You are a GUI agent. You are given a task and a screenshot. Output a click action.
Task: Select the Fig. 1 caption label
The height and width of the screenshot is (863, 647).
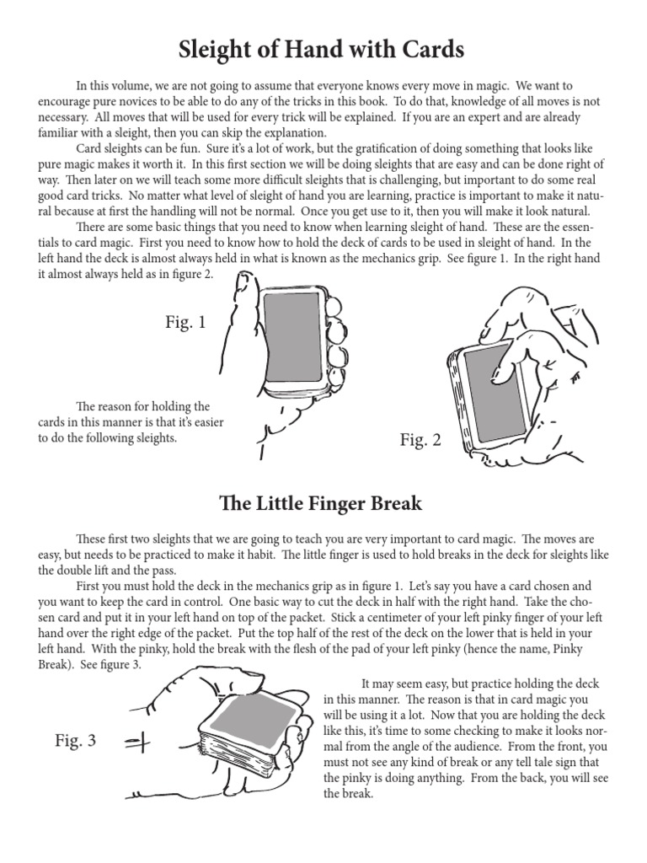(x=185, y=321)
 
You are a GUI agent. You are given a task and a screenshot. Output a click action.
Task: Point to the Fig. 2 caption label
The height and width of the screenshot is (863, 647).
(x=420, y=440)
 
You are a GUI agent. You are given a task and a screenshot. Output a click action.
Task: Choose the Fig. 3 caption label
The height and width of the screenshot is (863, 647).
(x=76, y=741)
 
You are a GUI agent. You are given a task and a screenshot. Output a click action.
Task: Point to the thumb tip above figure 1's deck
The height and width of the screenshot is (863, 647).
(x=244, y=277)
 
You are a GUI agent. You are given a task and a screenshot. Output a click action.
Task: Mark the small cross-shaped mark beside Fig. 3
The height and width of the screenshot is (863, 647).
(x=136, y=742)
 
